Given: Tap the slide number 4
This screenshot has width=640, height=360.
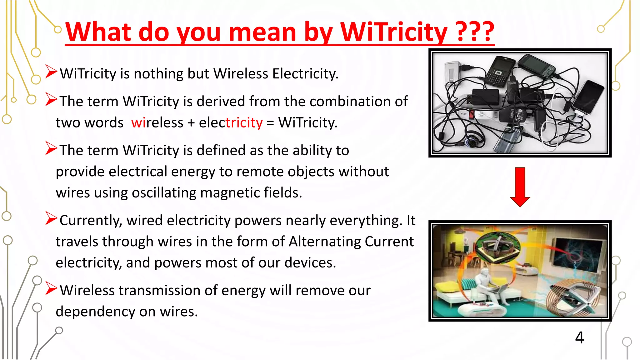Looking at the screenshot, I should (x=579, y=337).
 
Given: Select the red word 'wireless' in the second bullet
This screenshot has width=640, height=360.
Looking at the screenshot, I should (x=157, y=122).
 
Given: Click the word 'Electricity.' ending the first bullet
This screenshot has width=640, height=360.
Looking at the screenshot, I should (x=305, y=74).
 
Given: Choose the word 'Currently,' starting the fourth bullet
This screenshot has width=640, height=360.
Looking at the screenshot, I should (x=91, y=221).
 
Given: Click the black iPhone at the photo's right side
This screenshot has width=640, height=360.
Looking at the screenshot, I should (x=588, y=97).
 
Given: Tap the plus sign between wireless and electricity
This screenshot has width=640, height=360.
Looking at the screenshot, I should (x=191, y=123).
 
